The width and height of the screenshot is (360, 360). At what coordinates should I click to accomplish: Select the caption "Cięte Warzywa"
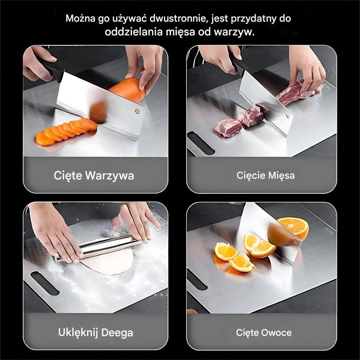(x=94, y=175)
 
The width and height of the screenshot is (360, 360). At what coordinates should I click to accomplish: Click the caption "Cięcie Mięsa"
(x=266, y=175)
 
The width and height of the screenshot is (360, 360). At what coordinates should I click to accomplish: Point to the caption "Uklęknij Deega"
(x=96, y=332)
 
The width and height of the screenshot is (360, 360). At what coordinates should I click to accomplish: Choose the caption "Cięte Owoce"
(x=264, y=332)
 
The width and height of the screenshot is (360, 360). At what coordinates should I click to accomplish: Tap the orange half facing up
(x=293, y=226)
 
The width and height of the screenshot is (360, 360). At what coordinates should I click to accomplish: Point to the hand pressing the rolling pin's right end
(x=138, y=222)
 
